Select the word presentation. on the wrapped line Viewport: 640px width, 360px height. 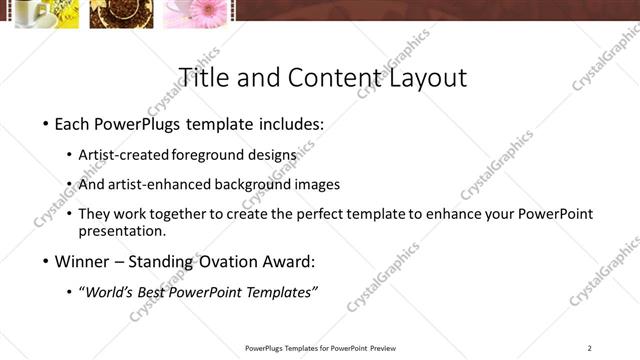[122, 231]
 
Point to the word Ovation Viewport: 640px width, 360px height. [227, 262]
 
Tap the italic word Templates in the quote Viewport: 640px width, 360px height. [280, 292]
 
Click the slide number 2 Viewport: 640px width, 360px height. [590, 348]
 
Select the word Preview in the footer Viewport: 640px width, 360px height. [383, 348]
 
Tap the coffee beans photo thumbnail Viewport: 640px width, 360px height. [121, 13]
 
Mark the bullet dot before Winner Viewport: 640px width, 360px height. [45, 263]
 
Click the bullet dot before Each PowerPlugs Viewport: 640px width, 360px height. [45, 126]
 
